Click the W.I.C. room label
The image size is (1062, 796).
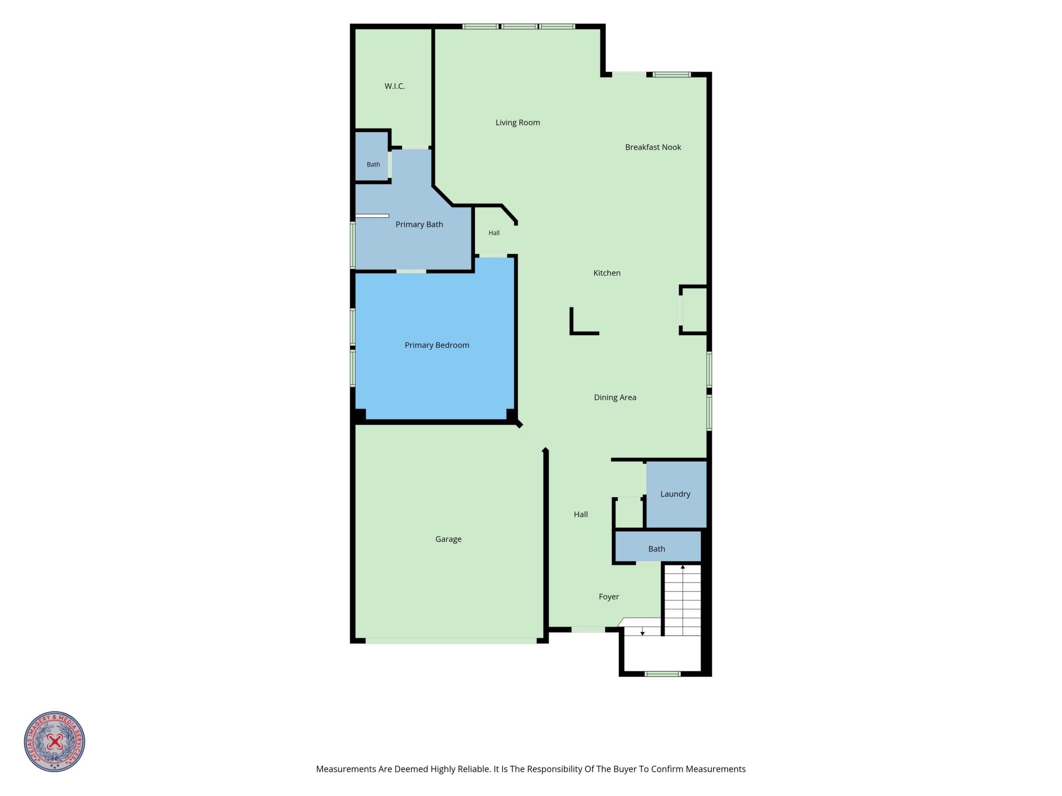coord(395,86)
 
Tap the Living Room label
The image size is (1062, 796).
coord(517,123)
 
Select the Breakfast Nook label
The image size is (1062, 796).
coord(653,147)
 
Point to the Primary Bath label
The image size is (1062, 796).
coord(419,225)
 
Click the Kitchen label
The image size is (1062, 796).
coord(607,273)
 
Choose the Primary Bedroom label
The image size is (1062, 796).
coord(437,345)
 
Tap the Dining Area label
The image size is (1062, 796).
coord(615,398)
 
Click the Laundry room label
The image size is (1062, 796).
coord(675,494)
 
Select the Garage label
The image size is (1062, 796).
coord(448,539)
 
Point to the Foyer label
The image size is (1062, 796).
coord(609,597)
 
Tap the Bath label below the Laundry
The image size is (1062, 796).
coord(657,549)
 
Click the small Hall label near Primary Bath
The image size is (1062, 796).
coord(494,233)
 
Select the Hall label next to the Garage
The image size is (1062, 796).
coord(581,515)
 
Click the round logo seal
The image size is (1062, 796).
coord(55,741)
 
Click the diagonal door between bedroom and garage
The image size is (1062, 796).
coord(532,437)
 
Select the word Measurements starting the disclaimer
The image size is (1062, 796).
coord(345,769)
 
